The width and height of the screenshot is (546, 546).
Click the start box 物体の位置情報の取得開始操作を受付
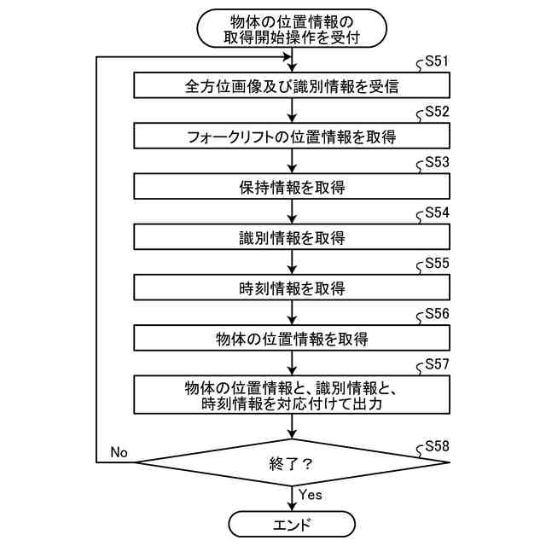[x=292, y=29]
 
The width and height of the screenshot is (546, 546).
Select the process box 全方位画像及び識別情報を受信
[x=292, y=86]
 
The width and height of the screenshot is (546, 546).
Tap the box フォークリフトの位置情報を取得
[x=292, y=136]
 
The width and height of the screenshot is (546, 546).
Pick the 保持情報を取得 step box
[x=292, y=187]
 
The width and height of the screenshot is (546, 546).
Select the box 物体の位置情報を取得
[x=292, y=339]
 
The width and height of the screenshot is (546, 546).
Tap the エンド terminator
[x=292, y=524]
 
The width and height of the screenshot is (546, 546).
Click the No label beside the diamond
[x=119, y=452]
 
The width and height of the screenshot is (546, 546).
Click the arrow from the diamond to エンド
[x=292, y=498]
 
